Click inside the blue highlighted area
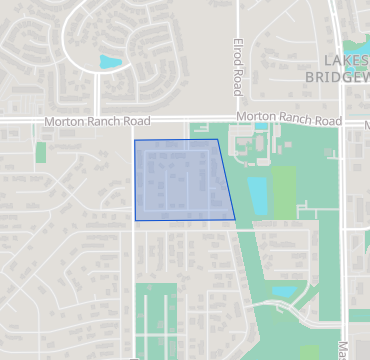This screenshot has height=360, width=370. [180, 180]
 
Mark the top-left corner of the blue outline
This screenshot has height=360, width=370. [135, 140]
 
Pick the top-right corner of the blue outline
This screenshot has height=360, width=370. [218, 139]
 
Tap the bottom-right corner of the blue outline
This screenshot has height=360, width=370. [235, 219]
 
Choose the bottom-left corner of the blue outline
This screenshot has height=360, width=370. [136, 219]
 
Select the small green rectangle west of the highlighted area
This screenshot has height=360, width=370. [41, 152]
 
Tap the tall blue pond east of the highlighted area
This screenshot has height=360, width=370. [257, 195]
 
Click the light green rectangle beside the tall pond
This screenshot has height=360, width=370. [284, 190]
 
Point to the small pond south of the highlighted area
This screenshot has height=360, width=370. [284, 292]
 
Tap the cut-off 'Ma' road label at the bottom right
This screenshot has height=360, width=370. [343, 351]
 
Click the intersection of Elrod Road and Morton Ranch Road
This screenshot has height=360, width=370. [240, 119]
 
